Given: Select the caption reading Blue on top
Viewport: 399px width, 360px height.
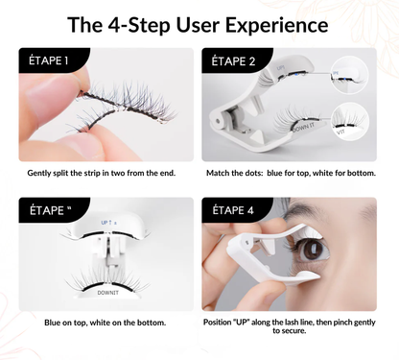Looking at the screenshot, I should point(105,323).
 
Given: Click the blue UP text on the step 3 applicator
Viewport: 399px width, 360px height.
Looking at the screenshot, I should point(106,222).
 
